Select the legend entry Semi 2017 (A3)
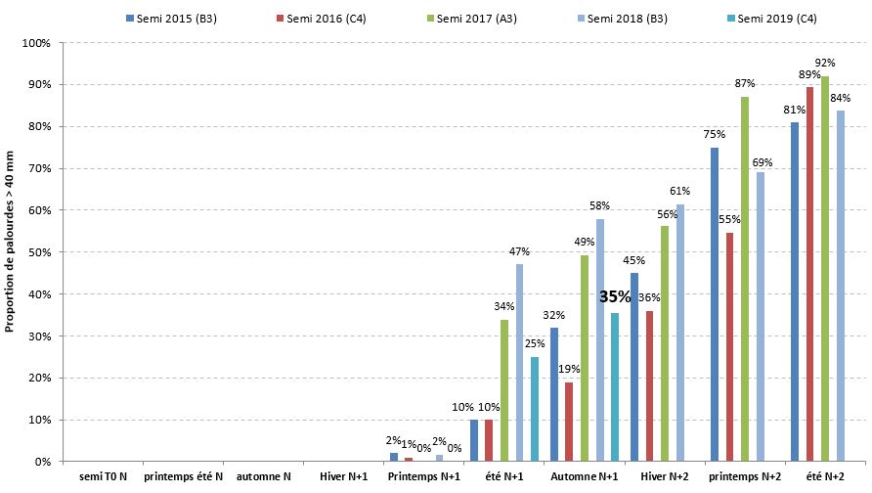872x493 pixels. point(478,20)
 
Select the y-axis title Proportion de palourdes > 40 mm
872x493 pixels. point(10,252)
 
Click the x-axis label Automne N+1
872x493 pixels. point(585,476)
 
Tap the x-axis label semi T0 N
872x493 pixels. point(102,476)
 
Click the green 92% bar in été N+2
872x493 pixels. point(825,269)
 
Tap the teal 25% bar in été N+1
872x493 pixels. point(535,409)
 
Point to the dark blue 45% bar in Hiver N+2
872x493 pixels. point(634,367)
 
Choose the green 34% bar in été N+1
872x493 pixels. point(504,390)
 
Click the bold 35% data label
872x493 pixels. point(615,296)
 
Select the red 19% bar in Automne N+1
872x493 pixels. point(569,422)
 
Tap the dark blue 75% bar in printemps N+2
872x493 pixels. point(715,304)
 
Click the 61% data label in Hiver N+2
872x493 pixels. point(680,192)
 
